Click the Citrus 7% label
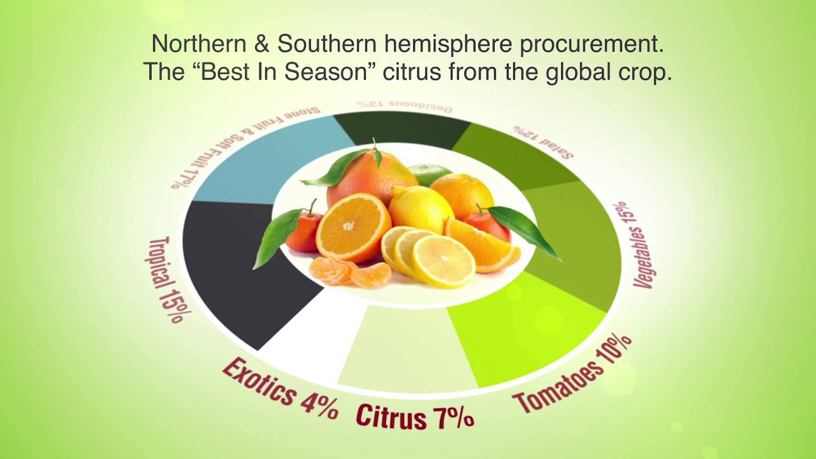click(x=414, y=417)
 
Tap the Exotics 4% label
click(x=279, y=388)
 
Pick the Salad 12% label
click(x=544, y=141)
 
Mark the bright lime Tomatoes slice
click(x=523, y=325)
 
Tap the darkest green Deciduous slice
click(x=402, y=127)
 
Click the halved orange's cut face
click(x=352, y=226)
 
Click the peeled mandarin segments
click(x=351, y=272)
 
